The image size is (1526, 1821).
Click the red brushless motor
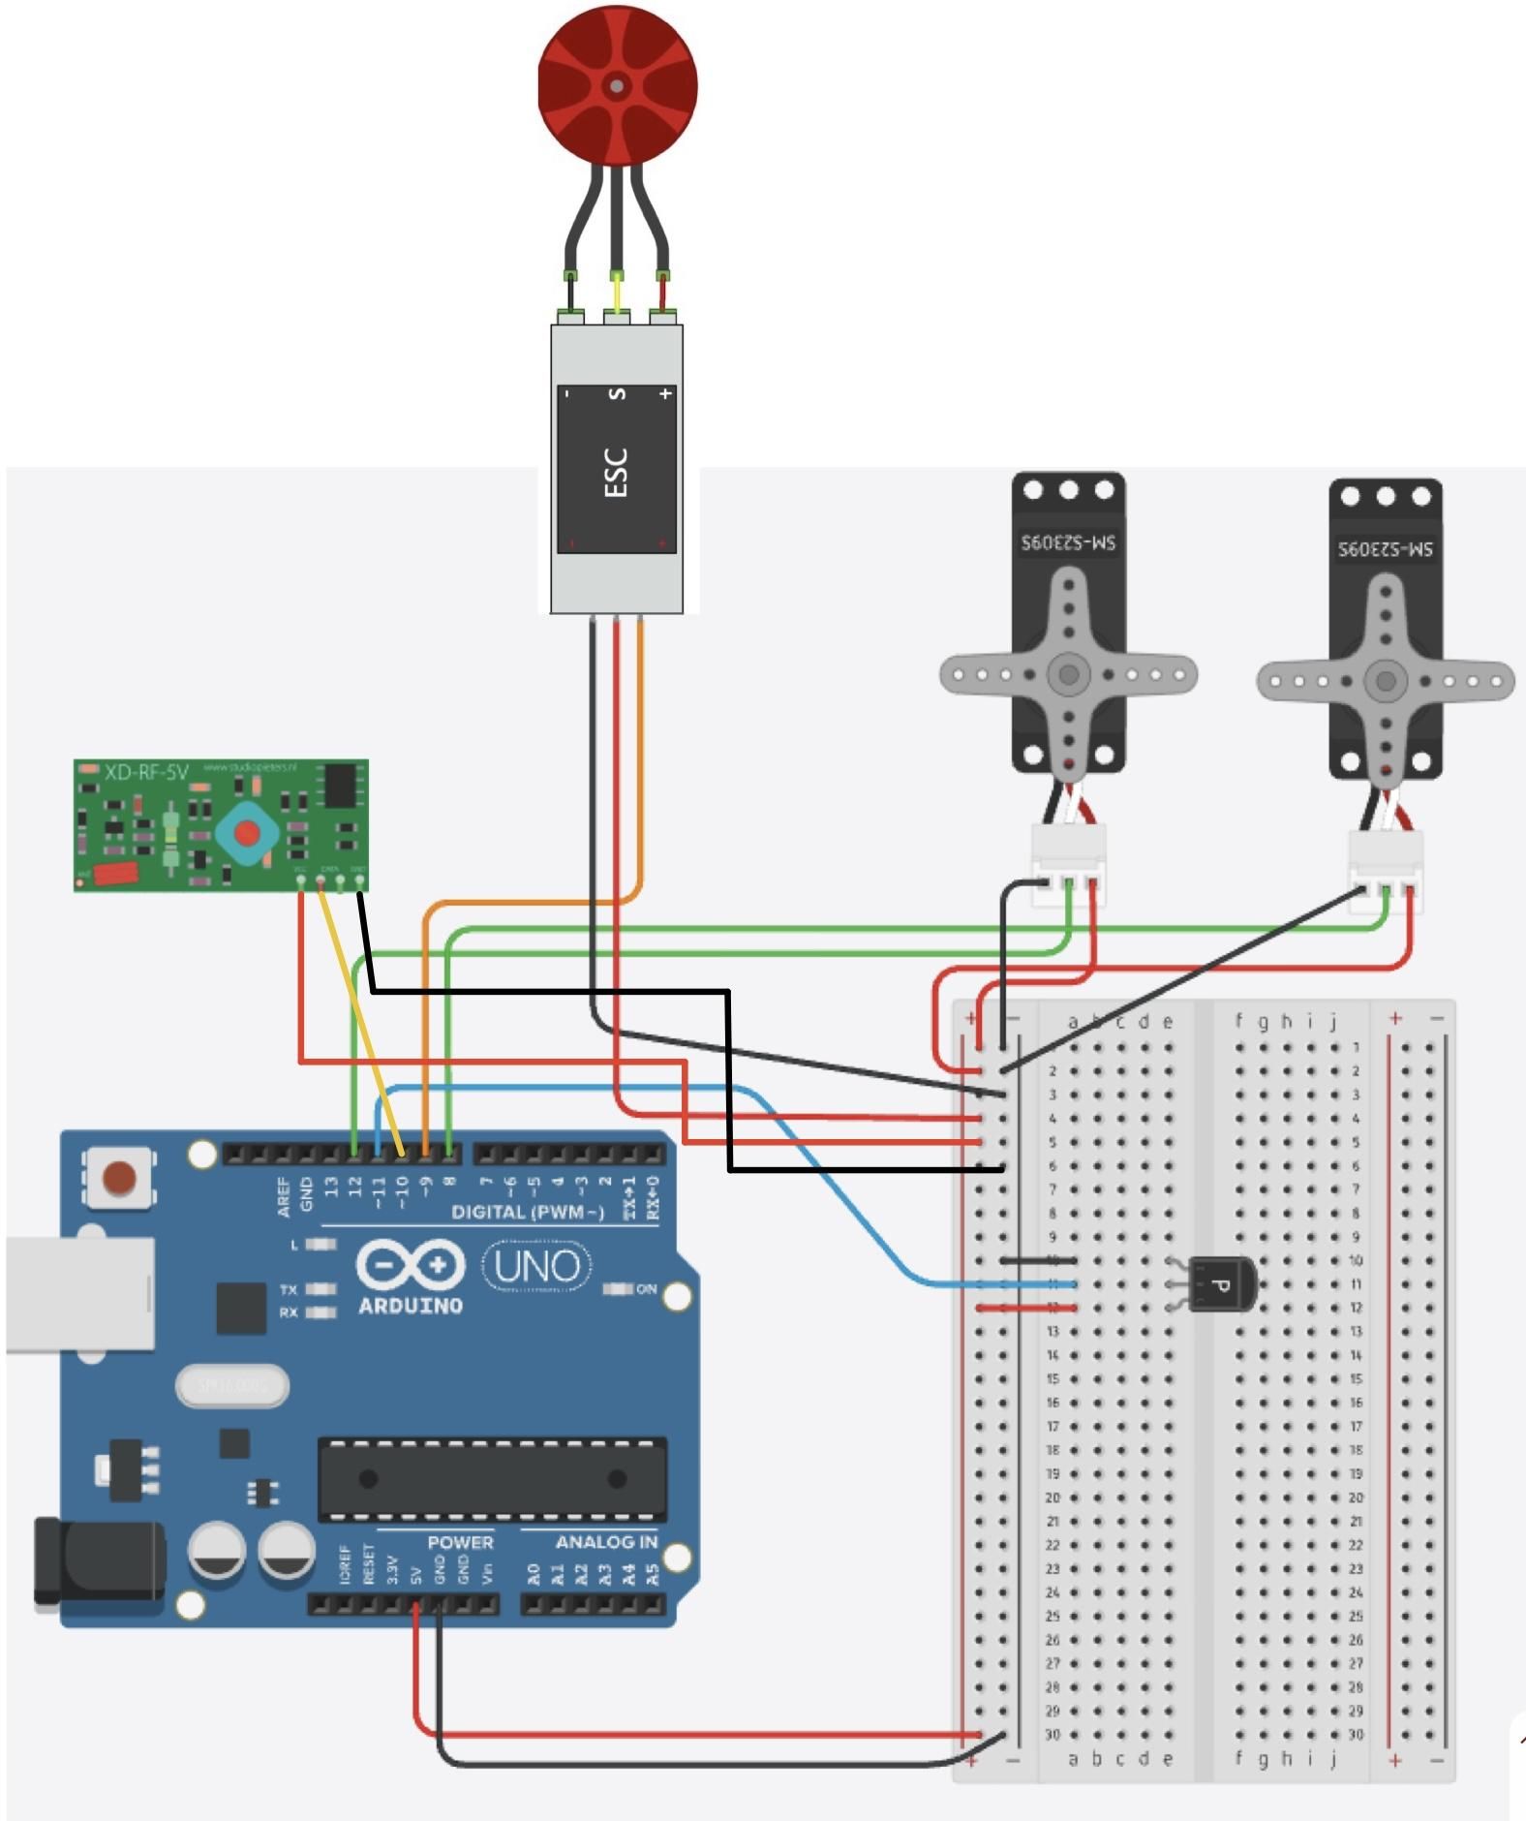(618, 85)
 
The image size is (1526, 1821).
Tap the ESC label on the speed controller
(616, 472)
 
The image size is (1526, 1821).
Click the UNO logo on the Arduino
(536, 1266)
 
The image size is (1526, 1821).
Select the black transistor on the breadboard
(1220, 1284)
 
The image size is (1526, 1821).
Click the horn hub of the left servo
(1069, 674)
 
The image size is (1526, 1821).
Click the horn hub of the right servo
(1386, 680)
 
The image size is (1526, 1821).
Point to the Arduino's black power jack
(97, 1561)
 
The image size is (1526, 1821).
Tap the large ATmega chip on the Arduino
(492, 1479)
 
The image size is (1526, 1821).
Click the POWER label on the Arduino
(460, 1542)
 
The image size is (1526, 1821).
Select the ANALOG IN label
(606, 1542)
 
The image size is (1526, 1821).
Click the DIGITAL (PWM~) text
(527, 1213)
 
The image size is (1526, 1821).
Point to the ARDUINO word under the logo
(411, 1306)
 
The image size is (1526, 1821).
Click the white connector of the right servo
(1386, 866)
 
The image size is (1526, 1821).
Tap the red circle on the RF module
(247, 832)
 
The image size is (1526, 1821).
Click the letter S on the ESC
(617, 394)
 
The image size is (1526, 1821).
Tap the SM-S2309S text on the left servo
(1068, 542)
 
